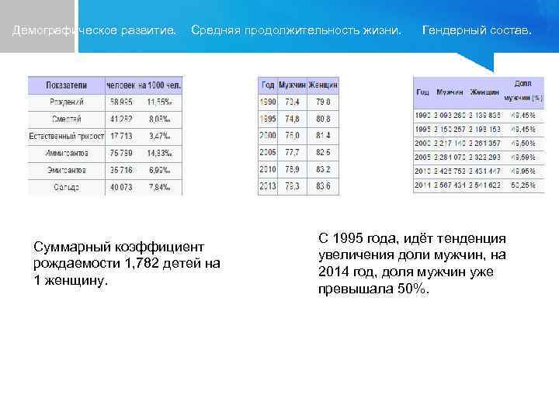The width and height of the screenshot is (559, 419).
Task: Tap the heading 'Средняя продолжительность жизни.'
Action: pyautogui.click(x=296, y=30)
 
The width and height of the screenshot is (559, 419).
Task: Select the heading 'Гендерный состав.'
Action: pyautogui.click(x=477, y=30)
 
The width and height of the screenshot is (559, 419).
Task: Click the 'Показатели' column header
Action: pyautogui.click(x=65, y=84)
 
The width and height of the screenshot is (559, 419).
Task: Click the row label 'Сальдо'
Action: pyautogui.click(x=66, y=187)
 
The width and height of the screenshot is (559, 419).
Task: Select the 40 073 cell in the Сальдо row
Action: pyautogui.click(x=120, y=187)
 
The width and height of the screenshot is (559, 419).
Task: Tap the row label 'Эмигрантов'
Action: pyautogui.click(x=66, y=170)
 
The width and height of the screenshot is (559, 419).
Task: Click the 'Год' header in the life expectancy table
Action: pyautogui.click(x=268, y=85)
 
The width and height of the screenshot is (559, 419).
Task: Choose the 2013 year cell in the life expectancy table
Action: pyautogui.click(x=268, y=186)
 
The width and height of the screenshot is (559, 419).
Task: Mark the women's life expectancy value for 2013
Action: pyautogui.click(x=322, y=186)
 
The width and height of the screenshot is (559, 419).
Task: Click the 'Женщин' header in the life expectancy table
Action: pyautogui.click(x=323, y=85)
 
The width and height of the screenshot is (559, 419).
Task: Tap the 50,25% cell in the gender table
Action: pyautogui.click(x=523, y=185)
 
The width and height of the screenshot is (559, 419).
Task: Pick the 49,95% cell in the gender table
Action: pyautogui.click(x=523, y=171)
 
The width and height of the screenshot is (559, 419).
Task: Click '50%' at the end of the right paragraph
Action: pyautogui.click(x=411, y=289)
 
